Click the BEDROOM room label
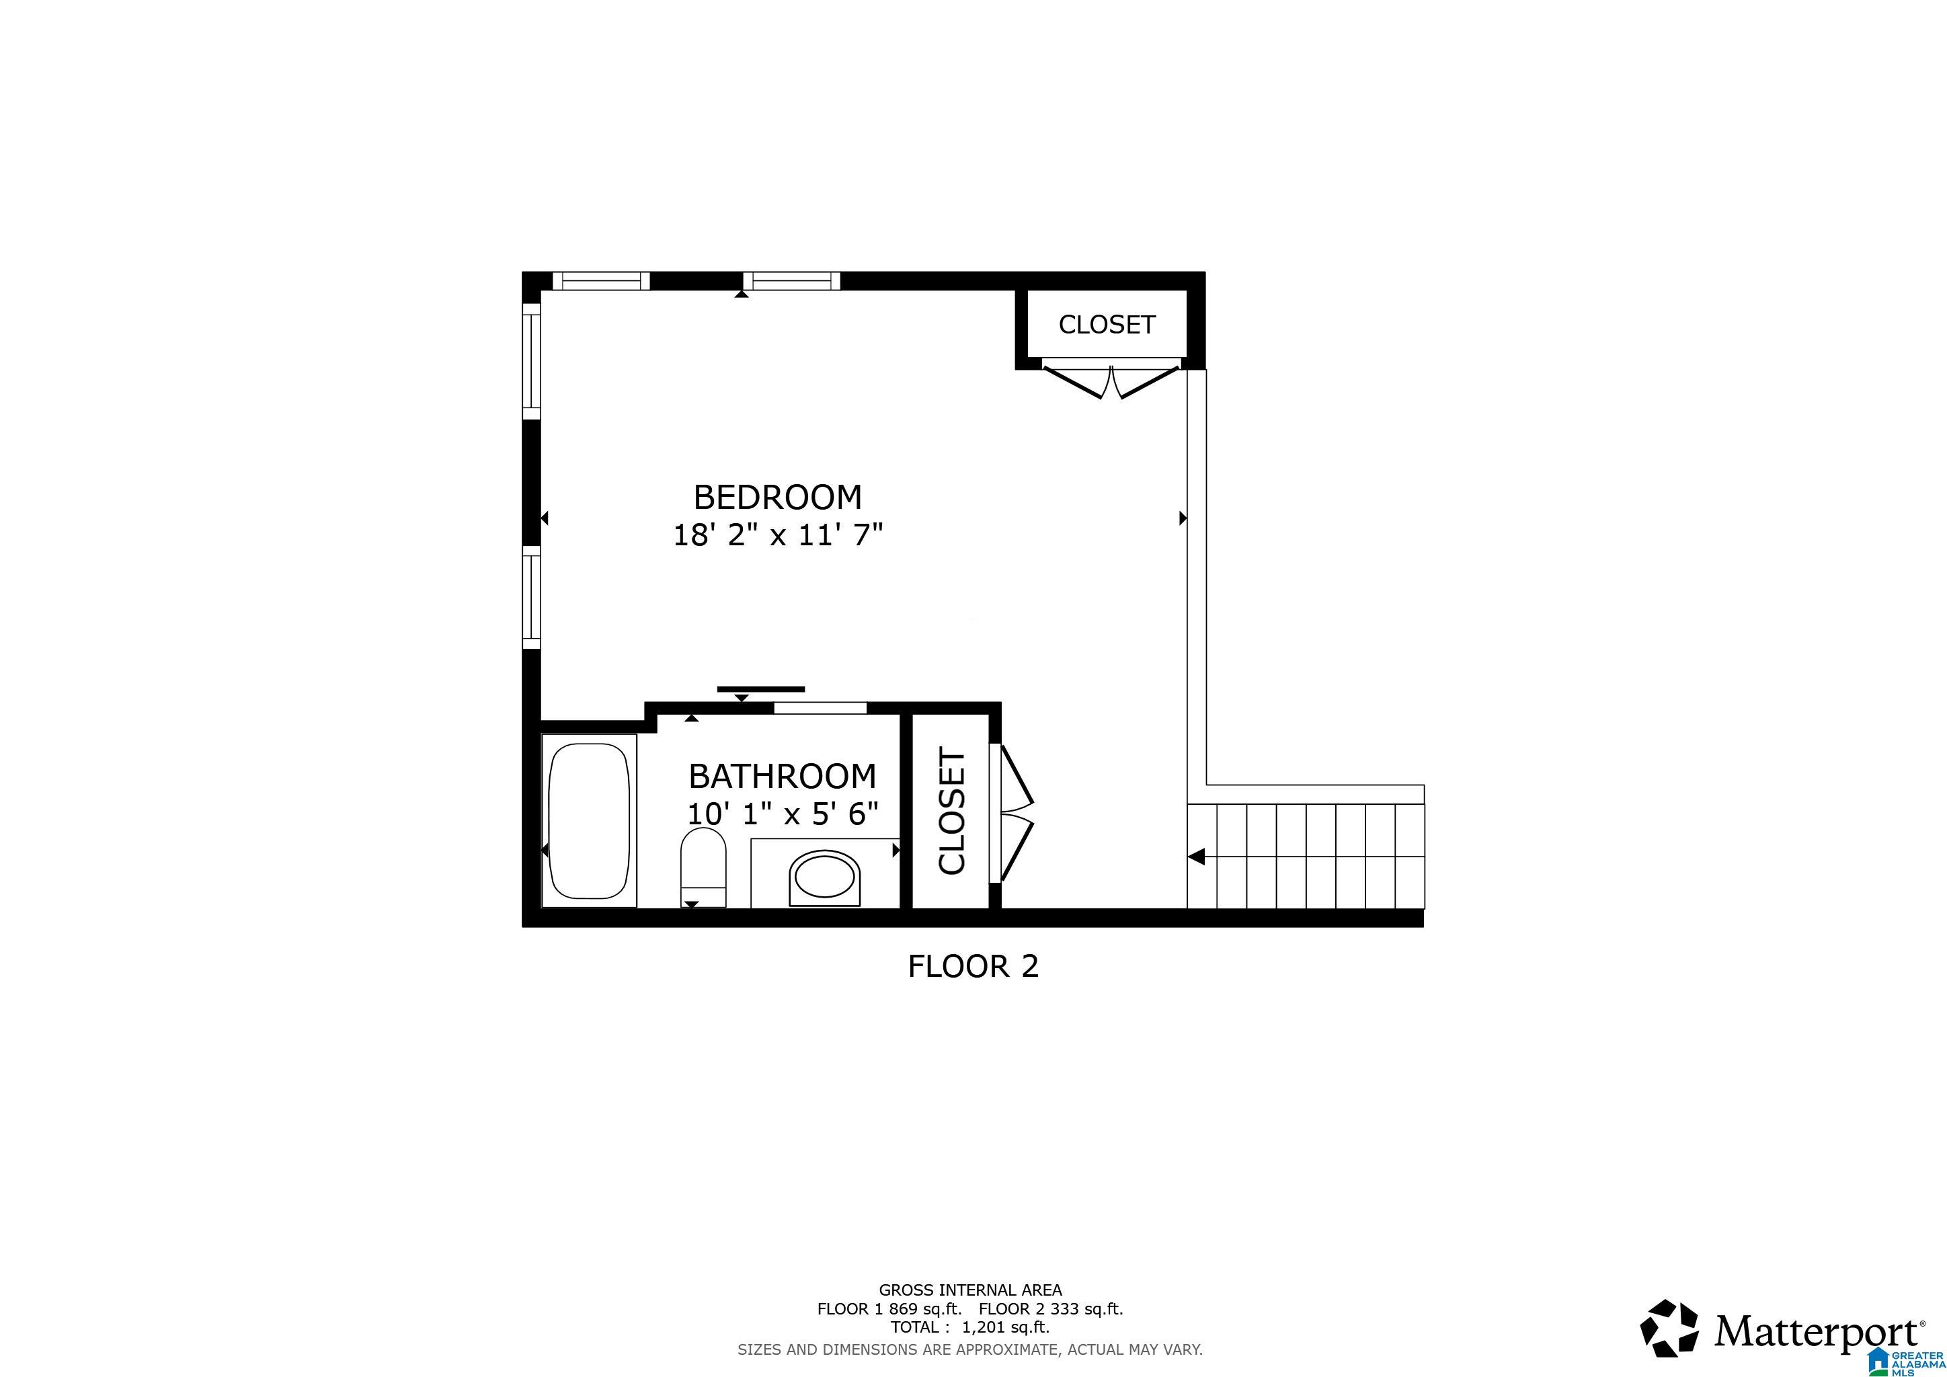pos(778,497)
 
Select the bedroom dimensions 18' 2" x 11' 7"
pos(778,535)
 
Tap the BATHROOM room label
pos(782,776)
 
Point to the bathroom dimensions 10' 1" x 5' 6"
pos(782,814)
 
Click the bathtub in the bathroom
pos(590,821)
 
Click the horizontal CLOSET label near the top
pos(1107,325)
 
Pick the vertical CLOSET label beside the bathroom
pos(952,811)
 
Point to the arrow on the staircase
pos(1197,857)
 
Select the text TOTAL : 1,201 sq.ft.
pos(969,1327)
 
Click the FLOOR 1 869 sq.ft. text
pos(889,1309)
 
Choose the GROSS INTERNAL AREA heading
pos(969,1290)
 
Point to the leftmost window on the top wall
pos(600,280)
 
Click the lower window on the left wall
pos(531,597)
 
